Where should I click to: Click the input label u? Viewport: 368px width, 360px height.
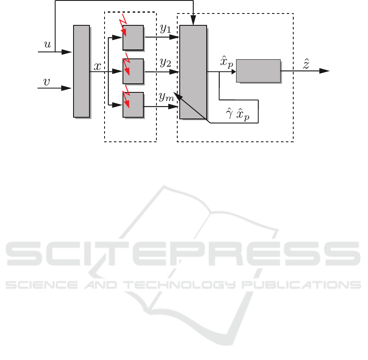coord(47,44)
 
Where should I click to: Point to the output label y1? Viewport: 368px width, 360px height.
coord(165,29)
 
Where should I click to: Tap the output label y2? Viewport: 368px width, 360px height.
coord(165,63)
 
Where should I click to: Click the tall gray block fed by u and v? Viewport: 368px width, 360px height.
coord(81,71)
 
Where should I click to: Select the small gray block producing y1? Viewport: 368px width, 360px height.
coord(133,38)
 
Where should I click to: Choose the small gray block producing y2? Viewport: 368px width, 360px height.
coord(133,72)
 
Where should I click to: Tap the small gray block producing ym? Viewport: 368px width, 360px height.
coord(133,105)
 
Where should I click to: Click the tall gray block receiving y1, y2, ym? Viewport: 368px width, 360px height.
coord(193,72)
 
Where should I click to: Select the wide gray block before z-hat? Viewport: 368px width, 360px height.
coord(258,71)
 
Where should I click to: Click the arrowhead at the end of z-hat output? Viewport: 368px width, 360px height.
coord(324,71)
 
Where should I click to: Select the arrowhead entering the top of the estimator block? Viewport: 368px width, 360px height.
coord(193,20)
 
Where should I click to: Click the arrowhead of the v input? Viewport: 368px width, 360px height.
coord(67,88)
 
